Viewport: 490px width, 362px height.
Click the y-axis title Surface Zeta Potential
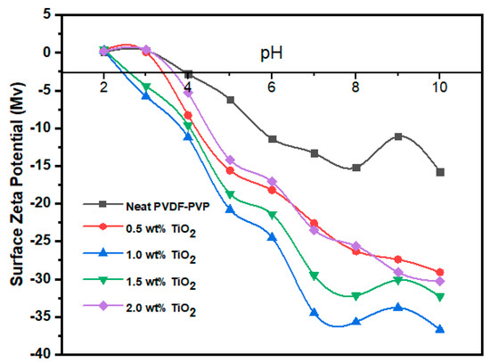coord(15,178)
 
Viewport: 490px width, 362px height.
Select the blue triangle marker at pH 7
coord(314,312)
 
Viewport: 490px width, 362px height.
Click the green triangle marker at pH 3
coord(146,87)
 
